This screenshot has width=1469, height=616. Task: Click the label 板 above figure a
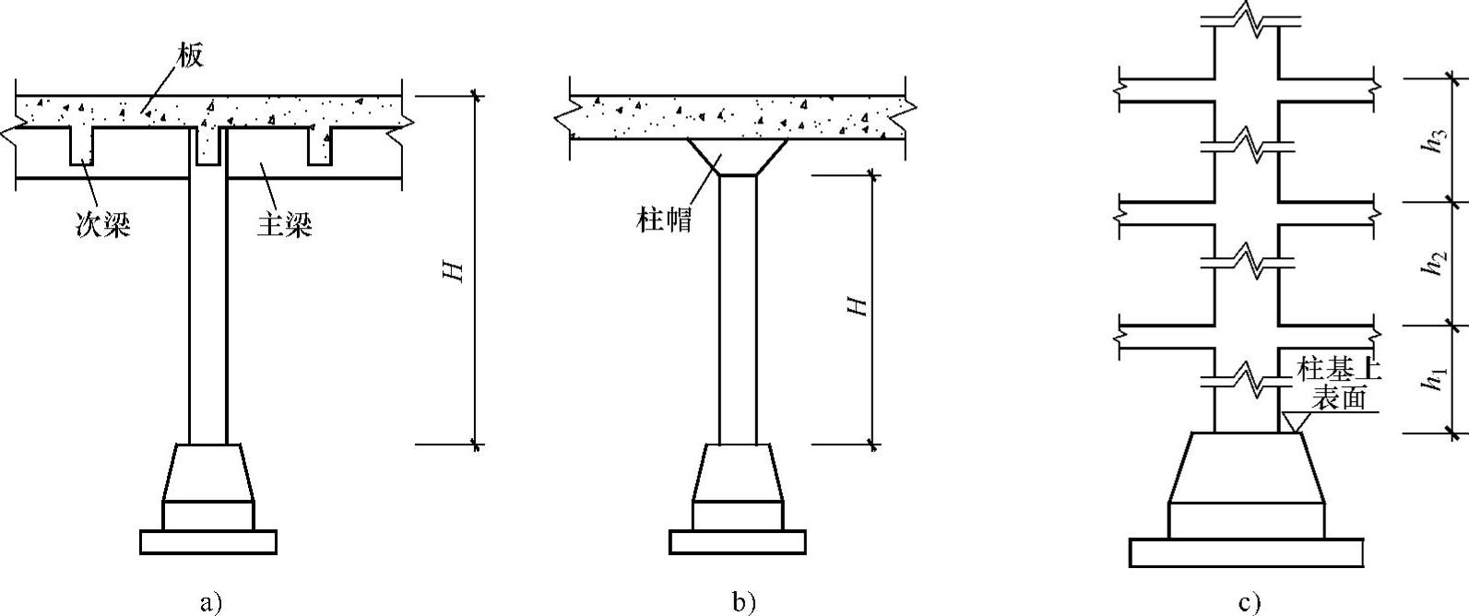(192, 55)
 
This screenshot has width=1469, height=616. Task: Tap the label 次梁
(102, 224)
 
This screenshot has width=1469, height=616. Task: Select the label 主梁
(284, 224)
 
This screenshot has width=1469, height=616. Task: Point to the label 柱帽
(664, 219)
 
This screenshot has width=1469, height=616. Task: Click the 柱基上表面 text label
(1338, 384)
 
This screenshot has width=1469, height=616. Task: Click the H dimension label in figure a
(452, 271)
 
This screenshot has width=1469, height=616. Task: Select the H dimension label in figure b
(858, 306)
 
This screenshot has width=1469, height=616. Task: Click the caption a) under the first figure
(211, 604)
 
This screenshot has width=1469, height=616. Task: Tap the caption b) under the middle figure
(743, 604)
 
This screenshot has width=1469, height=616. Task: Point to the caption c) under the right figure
(1250, 604)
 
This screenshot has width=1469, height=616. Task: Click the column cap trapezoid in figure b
(738, 157)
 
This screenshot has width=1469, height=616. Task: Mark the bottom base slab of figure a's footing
(208, 542)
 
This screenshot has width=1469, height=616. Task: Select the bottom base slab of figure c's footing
(1247, 553)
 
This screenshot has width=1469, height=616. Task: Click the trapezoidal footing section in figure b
(738, 473)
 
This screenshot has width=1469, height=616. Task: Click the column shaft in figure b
(738, 309)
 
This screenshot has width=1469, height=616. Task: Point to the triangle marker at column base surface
(1294, 422)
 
